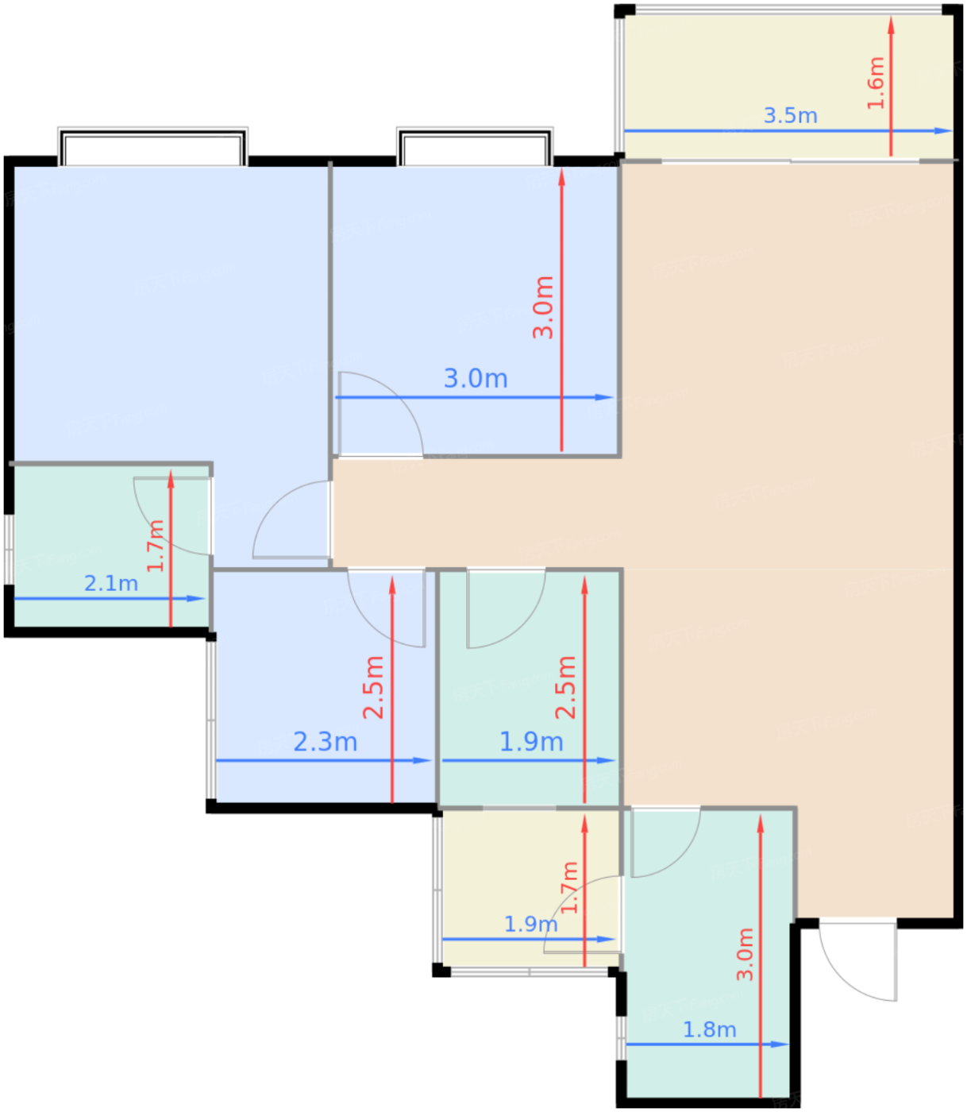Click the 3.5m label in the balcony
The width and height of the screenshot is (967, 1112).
pyautogui.click(x=790, y=115)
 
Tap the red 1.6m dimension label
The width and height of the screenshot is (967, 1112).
pyautogui.click(x=875, y=83)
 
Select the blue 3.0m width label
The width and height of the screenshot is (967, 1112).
pyautogui.click(x=476, y=378)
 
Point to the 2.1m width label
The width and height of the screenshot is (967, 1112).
pyautogui.click(x=111, y=584)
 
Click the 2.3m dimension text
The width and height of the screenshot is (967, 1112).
pyautogui.click(x=325, y=742)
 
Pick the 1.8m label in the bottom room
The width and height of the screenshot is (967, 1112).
pyautogui.click(x=709, y=1030)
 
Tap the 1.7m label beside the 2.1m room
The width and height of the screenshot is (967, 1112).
pyautogui.click(x=156, y=546)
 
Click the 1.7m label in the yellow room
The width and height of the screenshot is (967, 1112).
pyautogui.click(x=569, y=887)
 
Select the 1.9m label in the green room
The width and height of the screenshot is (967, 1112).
pyautogui.click(x=531, y=742)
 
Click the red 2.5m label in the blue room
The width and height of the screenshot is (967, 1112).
pyautogui.click(x=373, y=688)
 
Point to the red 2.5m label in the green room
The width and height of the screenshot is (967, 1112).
pyautogui.click(x=565, y=688)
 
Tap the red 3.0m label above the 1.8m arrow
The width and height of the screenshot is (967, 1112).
pyautogui.click(x=745, y=955)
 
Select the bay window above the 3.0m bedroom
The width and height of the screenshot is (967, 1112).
pyautogui.click(x=475, y=147)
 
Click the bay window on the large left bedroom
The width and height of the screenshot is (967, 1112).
pyautogui.click(x=152, y=147)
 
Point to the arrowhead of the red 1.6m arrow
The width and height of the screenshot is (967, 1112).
pyautogui.click(x=891, y=25)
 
